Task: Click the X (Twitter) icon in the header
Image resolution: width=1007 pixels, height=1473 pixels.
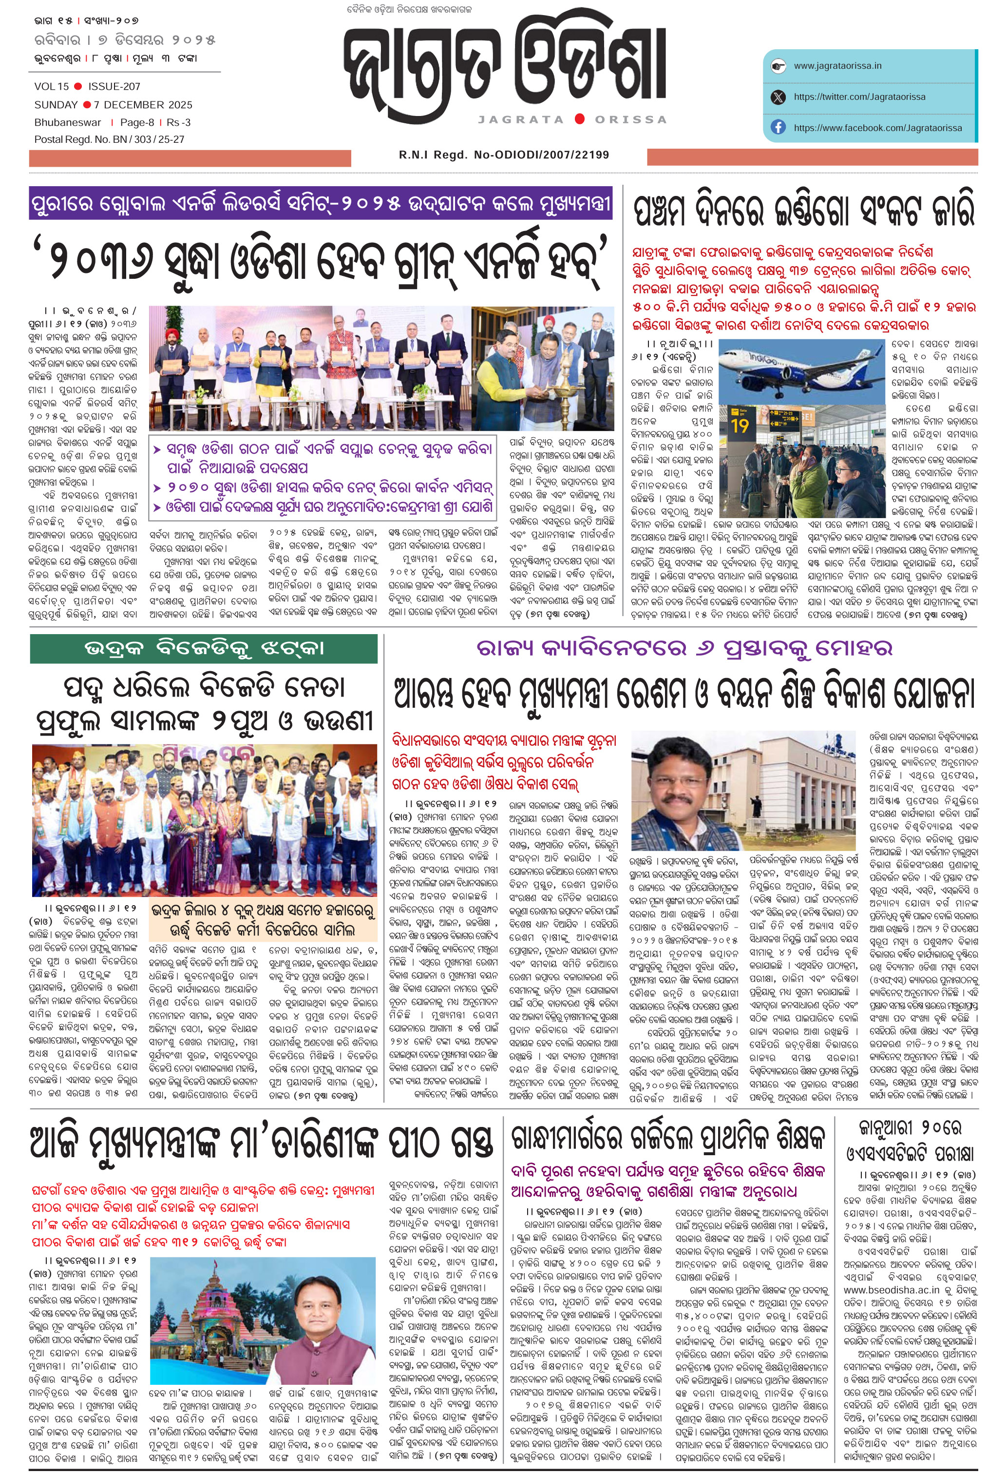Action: pyautogui.click(x=778, y=97)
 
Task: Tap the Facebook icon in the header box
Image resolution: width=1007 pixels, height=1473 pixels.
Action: pyautogui.click(x=778, y=127)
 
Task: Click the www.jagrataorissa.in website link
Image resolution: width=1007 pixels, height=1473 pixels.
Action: pyautogui.click(x=837, y=66)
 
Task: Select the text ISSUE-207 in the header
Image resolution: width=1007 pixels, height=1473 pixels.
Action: pyautogui.click(x=114, y=86)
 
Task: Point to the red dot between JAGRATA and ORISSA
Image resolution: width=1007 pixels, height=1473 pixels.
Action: pyautogui.click(x=579, y=118)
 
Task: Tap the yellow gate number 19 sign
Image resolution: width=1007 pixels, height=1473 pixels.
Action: pyautogui.click(x=740, y=425)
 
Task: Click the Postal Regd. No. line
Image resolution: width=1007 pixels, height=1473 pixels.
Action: pyautogui.click(x=109, y=139)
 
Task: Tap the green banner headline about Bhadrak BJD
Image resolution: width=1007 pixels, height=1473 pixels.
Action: pyautogui.click(x=204, y=648)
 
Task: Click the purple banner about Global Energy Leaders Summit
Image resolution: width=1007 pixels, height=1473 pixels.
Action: pyautogui.click(x=321, y=204)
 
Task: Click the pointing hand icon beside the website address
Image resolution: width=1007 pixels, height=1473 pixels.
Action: pyautogui.click(x=778, y=66)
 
